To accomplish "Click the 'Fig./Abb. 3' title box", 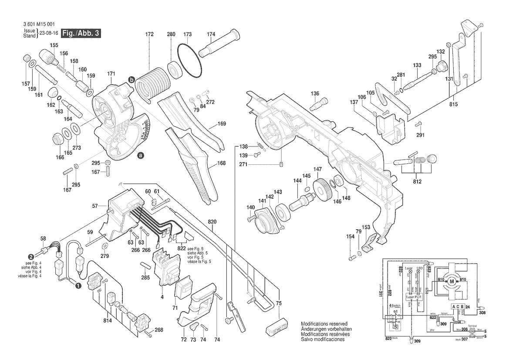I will [81, 34].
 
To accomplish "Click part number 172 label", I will [149, 34].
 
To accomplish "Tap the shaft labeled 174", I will [220, 43].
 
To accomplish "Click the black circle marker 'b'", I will [131, 79].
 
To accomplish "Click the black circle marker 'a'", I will [140, 155].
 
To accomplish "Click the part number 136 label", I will [315, 93].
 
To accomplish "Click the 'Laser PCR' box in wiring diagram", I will [414, 297].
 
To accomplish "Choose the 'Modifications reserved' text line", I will [324, 324].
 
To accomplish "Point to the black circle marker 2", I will [31, 257].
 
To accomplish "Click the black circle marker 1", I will [78, 286].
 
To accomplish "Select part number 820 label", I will [212, 221].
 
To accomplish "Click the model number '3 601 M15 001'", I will [40, 25].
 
